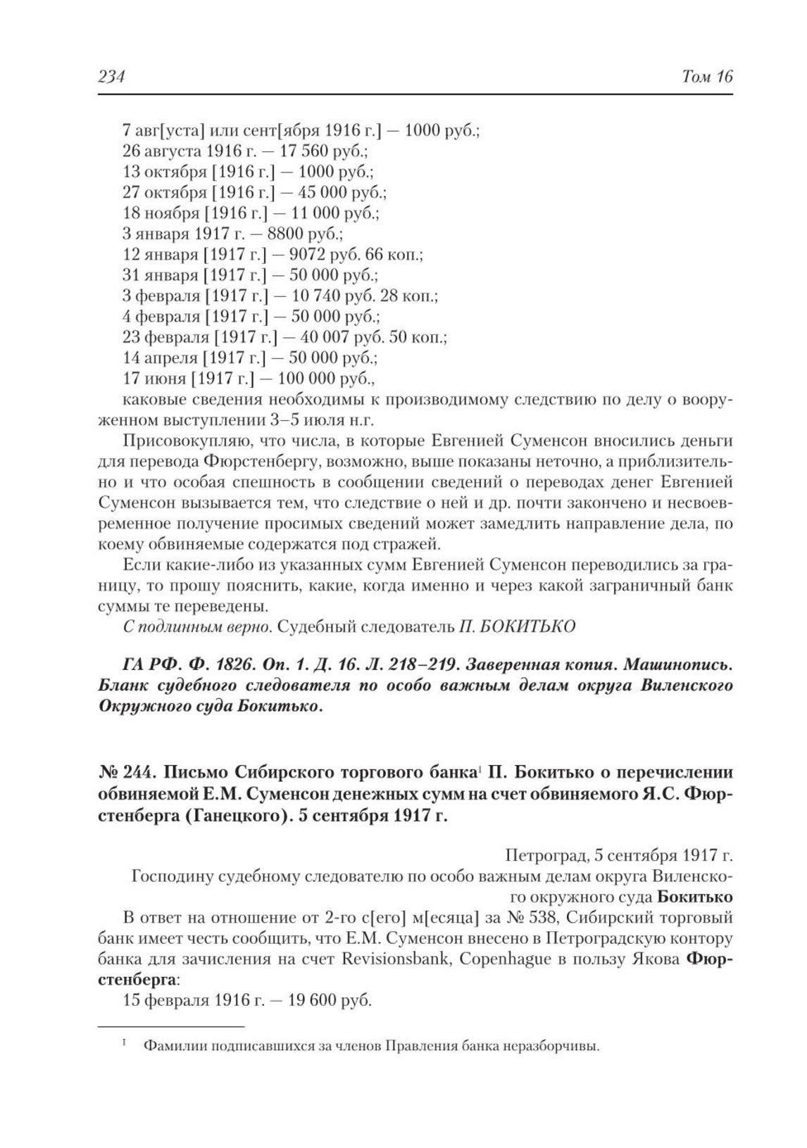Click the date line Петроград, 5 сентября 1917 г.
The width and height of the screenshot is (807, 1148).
619,857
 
